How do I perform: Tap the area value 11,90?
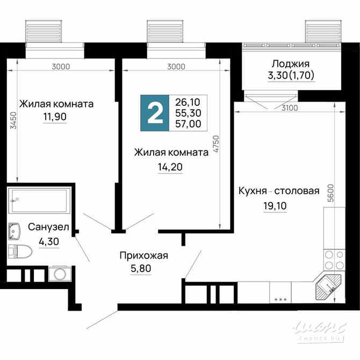(x=55, y=118)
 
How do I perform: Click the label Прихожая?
(x=143, y=256)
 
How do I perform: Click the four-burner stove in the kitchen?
(x=334, y=260)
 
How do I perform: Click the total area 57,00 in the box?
(x=188, y=124)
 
